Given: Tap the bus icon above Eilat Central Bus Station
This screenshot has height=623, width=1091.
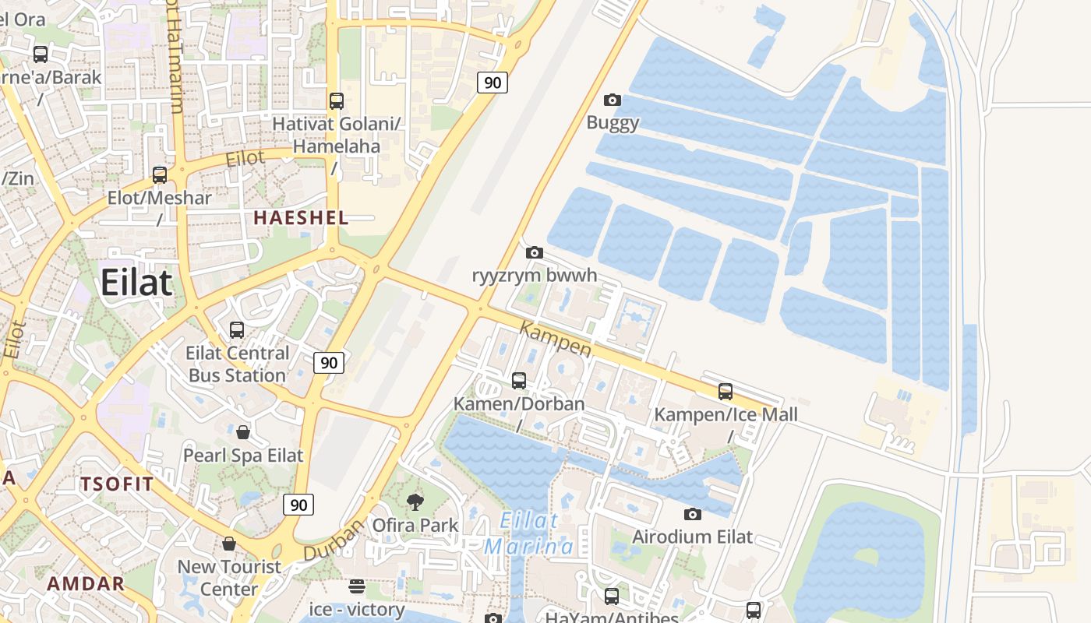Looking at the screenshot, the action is (237, 330).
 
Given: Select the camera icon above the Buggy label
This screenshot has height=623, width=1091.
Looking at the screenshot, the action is (613, 100).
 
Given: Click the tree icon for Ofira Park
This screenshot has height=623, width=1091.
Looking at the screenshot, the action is (415, 502).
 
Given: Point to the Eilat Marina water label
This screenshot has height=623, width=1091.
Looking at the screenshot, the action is (530, 533).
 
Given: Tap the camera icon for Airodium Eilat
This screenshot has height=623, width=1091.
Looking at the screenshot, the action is (692, 514).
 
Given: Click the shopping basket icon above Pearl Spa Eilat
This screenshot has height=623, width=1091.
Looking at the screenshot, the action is (243, 432).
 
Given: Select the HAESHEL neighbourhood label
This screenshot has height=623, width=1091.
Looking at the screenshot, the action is (301, 218).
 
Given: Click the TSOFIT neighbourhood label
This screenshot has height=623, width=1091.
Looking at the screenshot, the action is (117, 484).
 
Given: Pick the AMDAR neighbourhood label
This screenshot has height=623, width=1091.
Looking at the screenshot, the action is (86, 583).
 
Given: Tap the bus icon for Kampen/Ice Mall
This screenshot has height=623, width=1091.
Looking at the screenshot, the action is (726, 392).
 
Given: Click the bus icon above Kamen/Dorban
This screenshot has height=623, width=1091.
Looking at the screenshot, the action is (519, 381).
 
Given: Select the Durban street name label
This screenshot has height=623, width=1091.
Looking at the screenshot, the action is (334, 540).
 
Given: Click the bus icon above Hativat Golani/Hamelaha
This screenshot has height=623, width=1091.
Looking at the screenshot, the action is (337, 100).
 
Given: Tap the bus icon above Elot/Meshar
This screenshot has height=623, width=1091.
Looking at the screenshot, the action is (160, 175).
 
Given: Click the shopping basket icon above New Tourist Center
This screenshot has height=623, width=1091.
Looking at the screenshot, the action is (229, 544).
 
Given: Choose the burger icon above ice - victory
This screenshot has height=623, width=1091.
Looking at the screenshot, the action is (357, 586).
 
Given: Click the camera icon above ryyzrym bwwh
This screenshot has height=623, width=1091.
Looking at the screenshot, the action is (535, 252).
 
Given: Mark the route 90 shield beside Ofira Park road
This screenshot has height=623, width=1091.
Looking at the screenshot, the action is (298, 505).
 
